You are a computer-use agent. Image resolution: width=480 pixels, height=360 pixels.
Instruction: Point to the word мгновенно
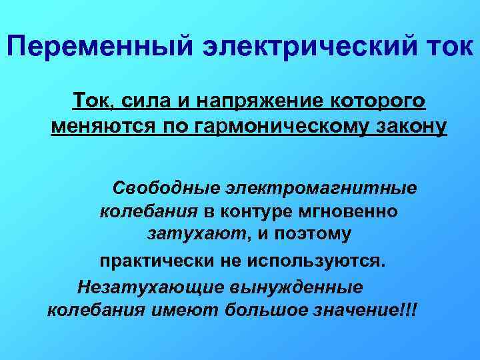click(x=353, y=211)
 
